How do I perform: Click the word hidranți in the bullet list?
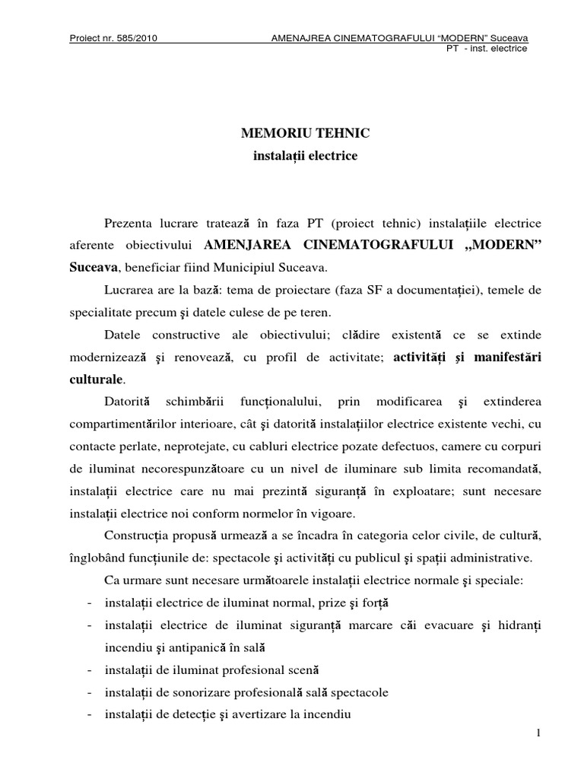coord(522,626)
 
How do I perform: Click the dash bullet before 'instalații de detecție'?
coord(90,714)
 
